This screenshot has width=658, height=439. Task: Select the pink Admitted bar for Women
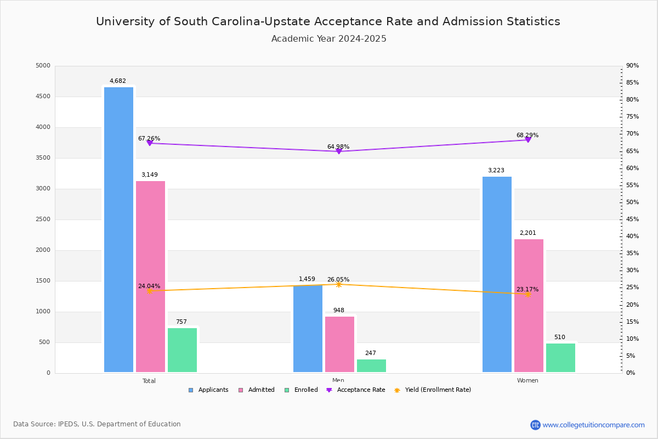click(x=529, y=306)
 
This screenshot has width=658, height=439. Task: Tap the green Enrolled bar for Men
click(x=371, y=366)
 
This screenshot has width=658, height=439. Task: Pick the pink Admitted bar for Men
click(x=339, y=344)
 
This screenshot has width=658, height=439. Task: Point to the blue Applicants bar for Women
click(x=497, y=274)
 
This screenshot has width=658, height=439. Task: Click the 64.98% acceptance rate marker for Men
click(x=338, y=151)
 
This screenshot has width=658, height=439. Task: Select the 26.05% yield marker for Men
click(x=338, y=284)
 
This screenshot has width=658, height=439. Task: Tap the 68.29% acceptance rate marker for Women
click(x=527, y=140)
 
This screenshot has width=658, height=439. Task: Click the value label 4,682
click(x=117, y=81)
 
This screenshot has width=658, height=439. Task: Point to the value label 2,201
click(x=527, y=233)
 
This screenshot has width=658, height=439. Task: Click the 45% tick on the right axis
click(x=632, y=219)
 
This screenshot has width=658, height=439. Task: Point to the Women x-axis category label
click(x=527, y=381)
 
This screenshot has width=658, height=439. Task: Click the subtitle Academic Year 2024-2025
click(x=329, y=39)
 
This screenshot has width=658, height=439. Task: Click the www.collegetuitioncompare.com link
click(x=593, y=425)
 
